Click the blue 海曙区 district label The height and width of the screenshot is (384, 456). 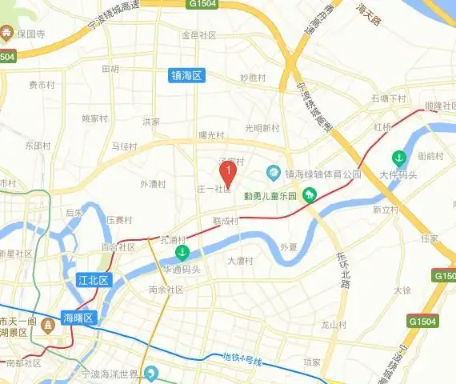(78, 318)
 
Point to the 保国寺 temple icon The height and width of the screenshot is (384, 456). (7, 34)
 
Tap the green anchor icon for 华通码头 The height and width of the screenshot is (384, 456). (182, 253)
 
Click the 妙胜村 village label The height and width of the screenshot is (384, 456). (253, 78)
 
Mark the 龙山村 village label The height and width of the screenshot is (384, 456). (333, 325)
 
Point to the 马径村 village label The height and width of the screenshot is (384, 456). (125, 146)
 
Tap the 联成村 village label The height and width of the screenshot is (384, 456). (226, 220)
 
